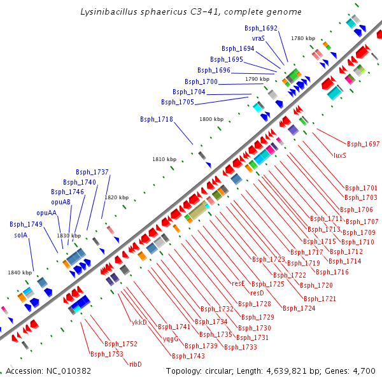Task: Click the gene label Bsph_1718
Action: pyautogui.click(x=157, y=119)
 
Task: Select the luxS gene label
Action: pyautogui.click(x=340, y=155)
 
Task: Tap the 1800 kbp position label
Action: pyautogui.click(x=211, y=119)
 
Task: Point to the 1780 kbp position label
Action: pyautogui.click(x=303, y=38)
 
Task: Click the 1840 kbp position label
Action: pyautogui.click(x=20, y=272)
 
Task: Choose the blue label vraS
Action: pyautogui.click(x=258, y=38)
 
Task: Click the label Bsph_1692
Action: pyautogui.click(x=261, y=29)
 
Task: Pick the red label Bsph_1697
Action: pyautogui.click(x=363, y=145)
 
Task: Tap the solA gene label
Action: pyautogui.click(x=21, y=235)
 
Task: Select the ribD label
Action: pyautogui.click(x=135, y=364)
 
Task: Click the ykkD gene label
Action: pyautogui.click(x=139, y=322)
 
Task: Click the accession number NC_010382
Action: pyautogui.click(x=67, y=371)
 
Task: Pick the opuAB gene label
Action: pyautogui.click(x=62, y=202)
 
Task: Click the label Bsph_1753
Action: pyautogui.click(x=106, y=354)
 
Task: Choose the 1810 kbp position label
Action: pyautogui.click(x=164, y=159)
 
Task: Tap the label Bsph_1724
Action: pyautogui.click(x=299, y=308)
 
